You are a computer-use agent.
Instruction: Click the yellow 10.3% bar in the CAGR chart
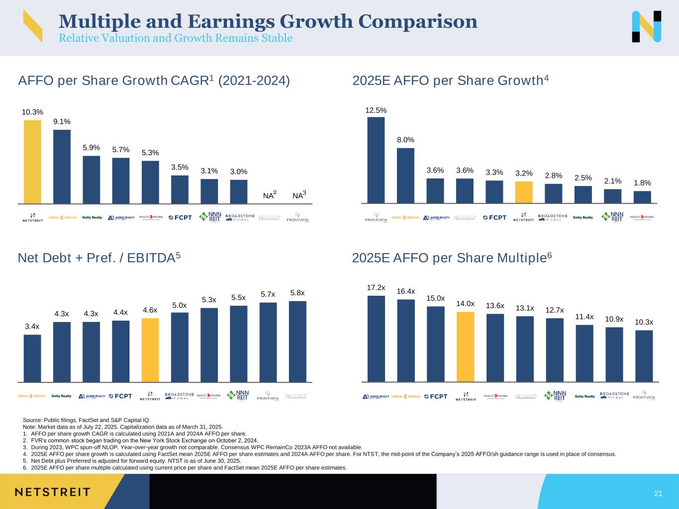click(x=32, y=162)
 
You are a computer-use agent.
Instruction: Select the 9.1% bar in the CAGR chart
click(x=62, y=167)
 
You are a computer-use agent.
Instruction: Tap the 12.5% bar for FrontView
click(x=376, y=160)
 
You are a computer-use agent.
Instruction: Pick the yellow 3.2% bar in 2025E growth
click(x=523, y=192)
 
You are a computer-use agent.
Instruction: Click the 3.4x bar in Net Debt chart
click(x=32, y=358)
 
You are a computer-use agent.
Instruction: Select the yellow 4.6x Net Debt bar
click(x=150, y=350)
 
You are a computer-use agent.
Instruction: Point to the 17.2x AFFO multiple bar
click(x=376, y=339)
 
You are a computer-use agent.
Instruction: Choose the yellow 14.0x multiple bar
click(x=465, y=346)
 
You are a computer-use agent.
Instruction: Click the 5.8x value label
click(x=297, y=293)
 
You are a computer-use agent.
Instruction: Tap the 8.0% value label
click(x=405, y=140)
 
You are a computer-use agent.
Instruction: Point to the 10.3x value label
click(x=644, y=322)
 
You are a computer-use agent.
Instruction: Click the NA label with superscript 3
click(x=299, y=196)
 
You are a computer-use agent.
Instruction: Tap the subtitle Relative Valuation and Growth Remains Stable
click(x=175, y=38)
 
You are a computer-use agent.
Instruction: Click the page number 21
click(x=658, y=493)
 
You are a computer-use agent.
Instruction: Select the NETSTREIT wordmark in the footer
click(x=52, y=492)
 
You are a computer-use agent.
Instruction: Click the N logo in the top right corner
click(x=646, y=26)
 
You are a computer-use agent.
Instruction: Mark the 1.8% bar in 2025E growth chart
click(x=642, y=197)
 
